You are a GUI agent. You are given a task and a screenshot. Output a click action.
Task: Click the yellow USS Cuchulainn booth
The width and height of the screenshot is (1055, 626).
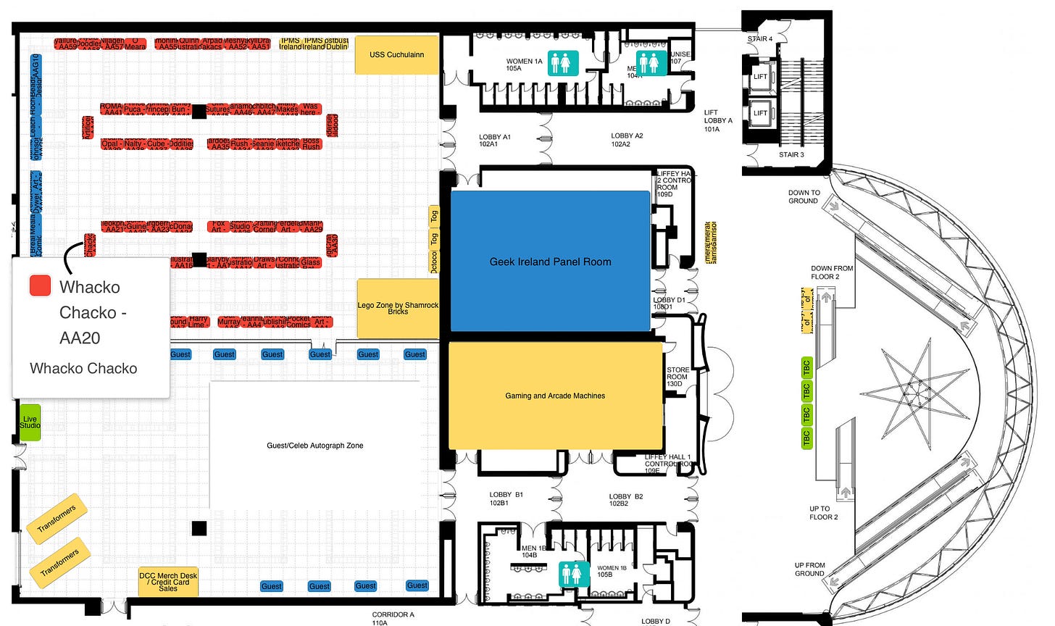coord(396,54)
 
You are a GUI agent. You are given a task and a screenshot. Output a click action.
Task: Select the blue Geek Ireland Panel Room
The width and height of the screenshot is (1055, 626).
coord(550,262)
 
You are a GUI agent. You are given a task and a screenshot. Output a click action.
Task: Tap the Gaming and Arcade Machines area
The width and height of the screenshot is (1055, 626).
coord(555,396)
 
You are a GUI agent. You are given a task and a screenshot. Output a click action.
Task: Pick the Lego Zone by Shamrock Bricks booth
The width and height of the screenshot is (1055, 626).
coord(398,308)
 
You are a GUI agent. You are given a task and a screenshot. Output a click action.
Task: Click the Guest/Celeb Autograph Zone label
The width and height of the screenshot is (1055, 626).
coord(315,446)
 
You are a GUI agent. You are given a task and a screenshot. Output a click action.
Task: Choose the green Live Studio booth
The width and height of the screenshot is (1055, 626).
coord(30,422)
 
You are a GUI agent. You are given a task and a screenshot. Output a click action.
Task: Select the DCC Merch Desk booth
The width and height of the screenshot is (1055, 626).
coord(168,582)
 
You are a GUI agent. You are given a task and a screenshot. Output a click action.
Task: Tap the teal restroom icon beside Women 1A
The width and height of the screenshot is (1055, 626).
coord(563,63)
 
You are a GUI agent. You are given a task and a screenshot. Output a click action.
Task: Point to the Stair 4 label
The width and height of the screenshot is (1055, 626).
coord(760,39)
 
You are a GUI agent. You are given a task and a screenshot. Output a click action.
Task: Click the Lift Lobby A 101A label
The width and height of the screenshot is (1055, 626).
coord(718,121)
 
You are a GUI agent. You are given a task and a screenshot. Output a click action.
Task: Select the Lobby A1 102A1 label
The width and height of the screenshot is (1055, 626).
coord(495,140)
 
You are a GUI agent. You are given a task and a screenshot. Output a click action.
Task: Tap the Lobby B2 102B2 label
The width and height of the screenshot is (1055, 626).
coord(625,500)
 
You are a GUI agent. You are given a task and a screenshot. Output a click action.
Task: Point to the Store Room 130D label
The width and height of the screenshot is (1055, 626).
coord(677,377)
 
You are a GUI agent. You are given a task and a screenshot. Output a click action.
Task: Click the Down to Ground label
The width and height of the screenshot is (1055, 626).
coord(804,197)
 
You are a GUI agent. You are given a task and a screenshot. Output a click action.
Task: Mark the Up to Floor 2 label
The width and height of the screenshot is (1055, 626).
coord(823,513)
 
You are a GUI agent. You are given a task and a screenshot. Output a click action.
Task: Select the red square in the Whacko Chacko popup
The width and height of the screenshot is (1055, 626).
coord(40,285)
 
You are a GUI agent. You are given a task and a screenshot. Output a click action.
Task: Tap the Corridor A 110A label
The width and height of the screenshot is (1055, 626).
coord(393,618)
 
